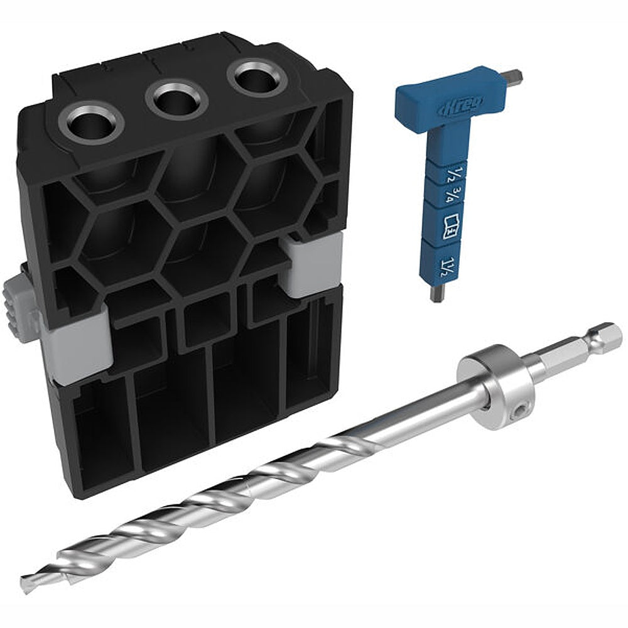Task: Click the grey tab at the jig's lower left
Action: [x=74, y=349]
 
